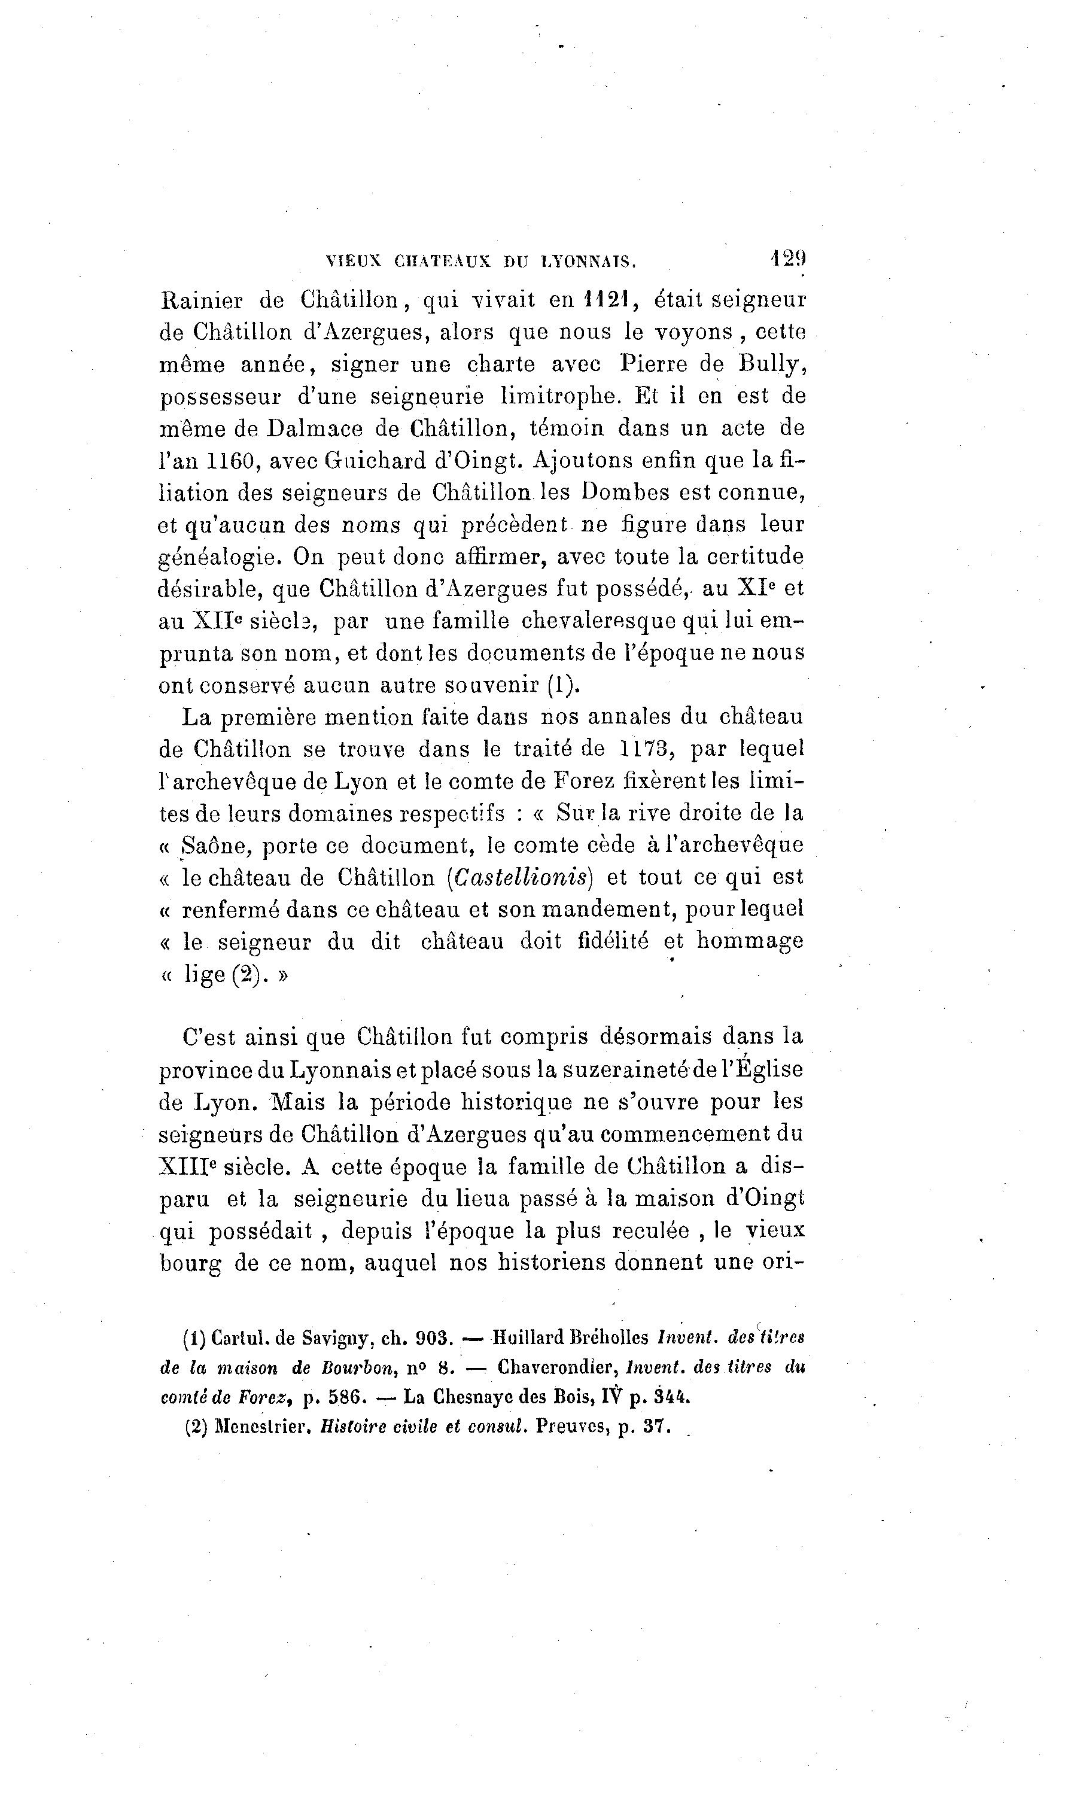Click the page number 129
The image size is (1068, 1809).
point(787,259)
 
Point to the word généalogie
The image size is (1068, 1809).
point(216,558)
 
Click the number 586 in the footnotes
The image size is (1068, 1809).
point(343,1397)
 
